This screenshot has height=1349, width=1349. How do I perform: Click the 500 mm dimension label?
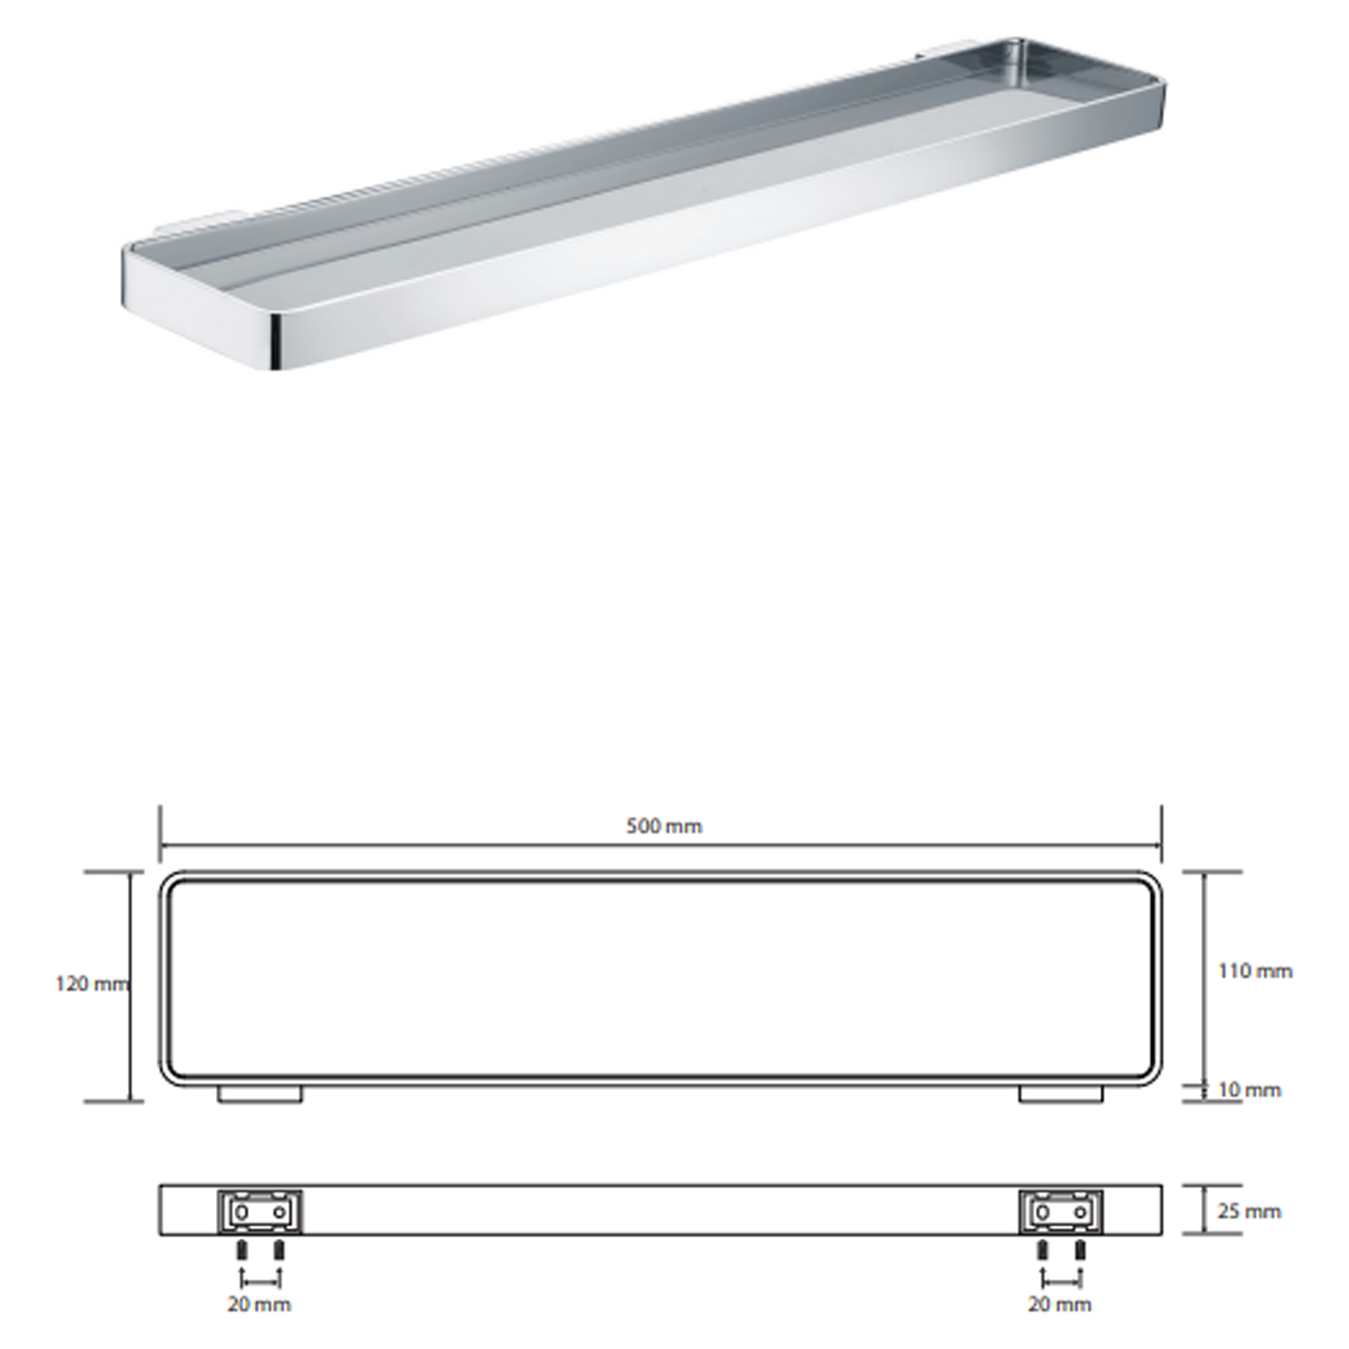pos(663,827)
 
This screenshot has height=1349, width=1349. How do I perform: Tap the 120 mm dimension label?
pos(92,985)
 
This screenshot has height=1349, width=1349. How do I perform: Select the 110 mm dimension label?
pos(1255,971)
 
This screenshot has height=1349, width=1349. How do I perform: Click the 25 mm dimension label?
pos(1249,1211)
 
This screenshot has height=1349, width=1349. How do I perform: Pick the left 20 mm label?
pos(259,1304)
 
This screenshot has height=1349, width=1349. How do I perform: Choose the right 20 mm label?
pos(1059,1304)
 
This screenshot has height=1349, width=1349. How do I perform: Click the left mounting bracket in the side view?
pos(260,1212)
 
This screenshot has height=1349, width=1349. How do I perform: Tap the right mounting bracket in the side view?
pos(1060,1212)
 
